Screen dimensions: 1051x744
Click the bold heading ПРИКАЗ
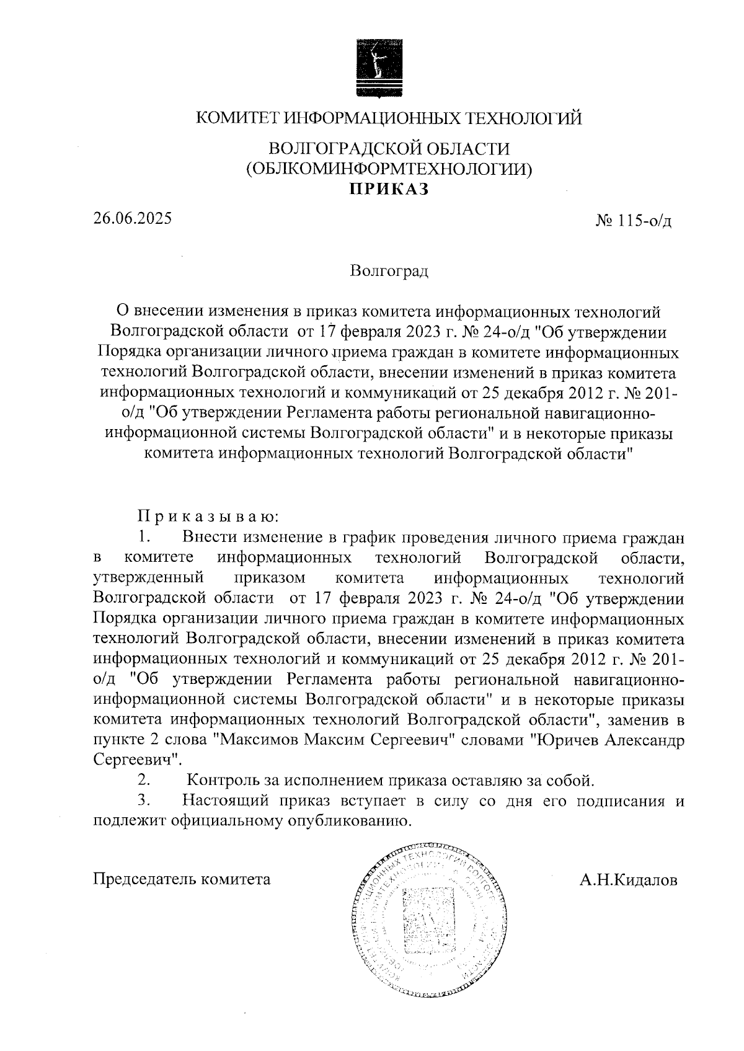click(389, 189)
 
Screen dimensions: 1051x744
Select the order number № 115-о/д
click(633, 221)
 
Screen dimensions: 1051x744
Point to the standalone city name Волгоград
click(389, 271)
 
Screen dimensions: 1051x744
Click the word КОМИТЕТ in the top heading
click(232, 118)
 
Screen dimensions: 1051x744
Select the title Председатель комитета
click(182, 879)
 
